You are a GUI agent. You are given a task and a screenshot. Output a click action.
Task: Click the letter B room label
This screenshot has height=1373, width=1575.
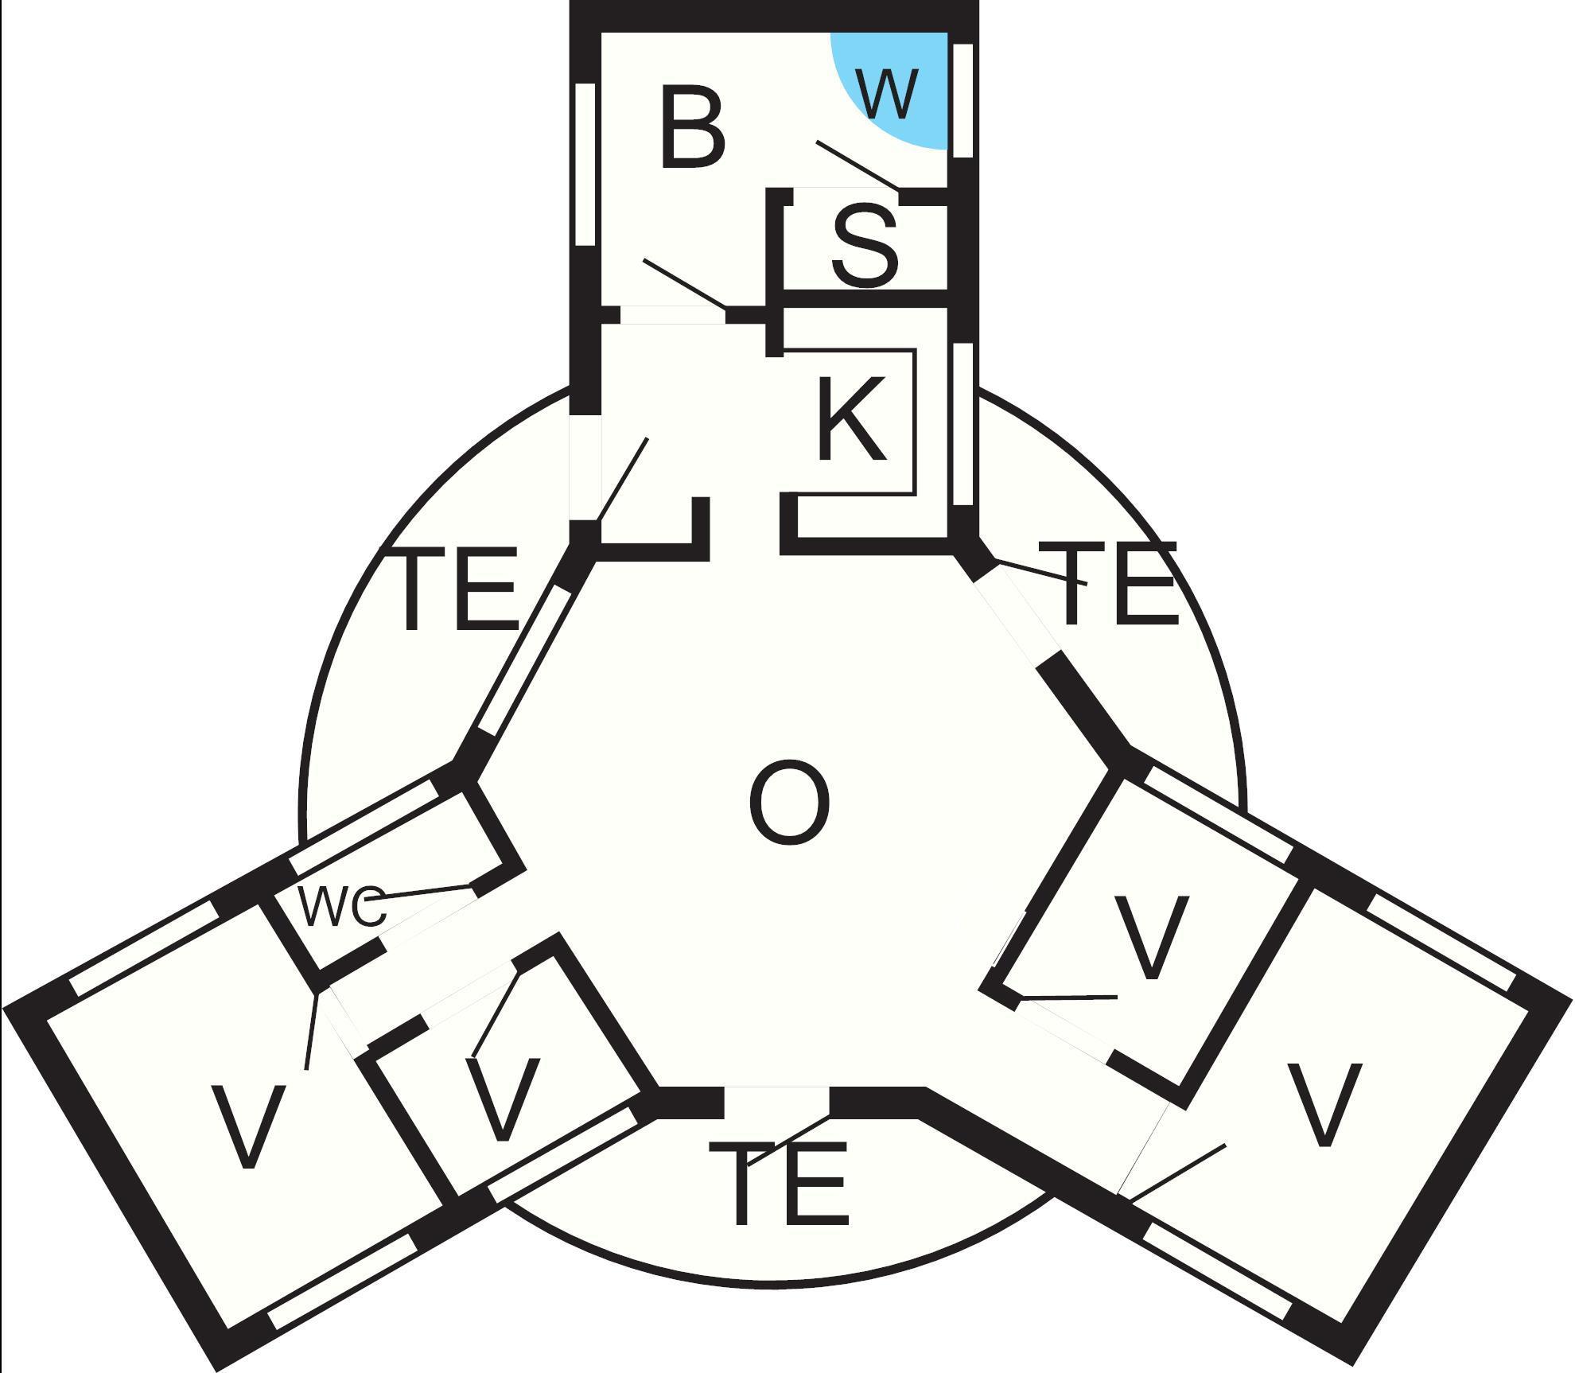click(693, 129)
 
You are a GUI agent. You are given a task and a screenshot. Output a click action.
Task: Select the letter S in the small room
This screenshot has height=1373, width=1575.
click(865, 246)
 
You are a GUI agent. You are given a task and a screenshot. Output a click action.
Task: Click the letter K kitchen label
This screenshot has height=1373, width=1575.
click(850, 419)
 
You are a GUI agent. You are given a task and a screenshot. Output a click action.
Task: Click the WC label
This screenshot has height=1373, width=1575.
click(342, 906)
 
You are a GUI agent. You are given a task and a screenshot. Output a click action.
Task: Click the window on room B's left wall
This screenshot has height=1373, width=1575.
click(585, 164)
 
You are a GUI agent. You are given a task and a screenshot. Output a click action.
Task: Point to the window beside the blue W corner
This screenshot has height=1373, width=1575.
click(962, 99)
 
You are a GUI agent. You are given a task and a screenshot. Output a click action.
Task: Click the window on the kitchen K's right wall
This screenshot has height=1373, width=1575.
click(962, 424)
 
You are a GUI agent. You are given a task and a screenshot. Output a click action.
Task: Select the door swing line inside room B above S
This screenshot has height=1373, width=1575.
click(857, 165)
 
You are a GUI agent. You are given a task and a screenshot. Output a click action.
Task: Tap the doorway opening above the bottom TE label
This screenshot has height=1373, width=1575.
click(776, 1102)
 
